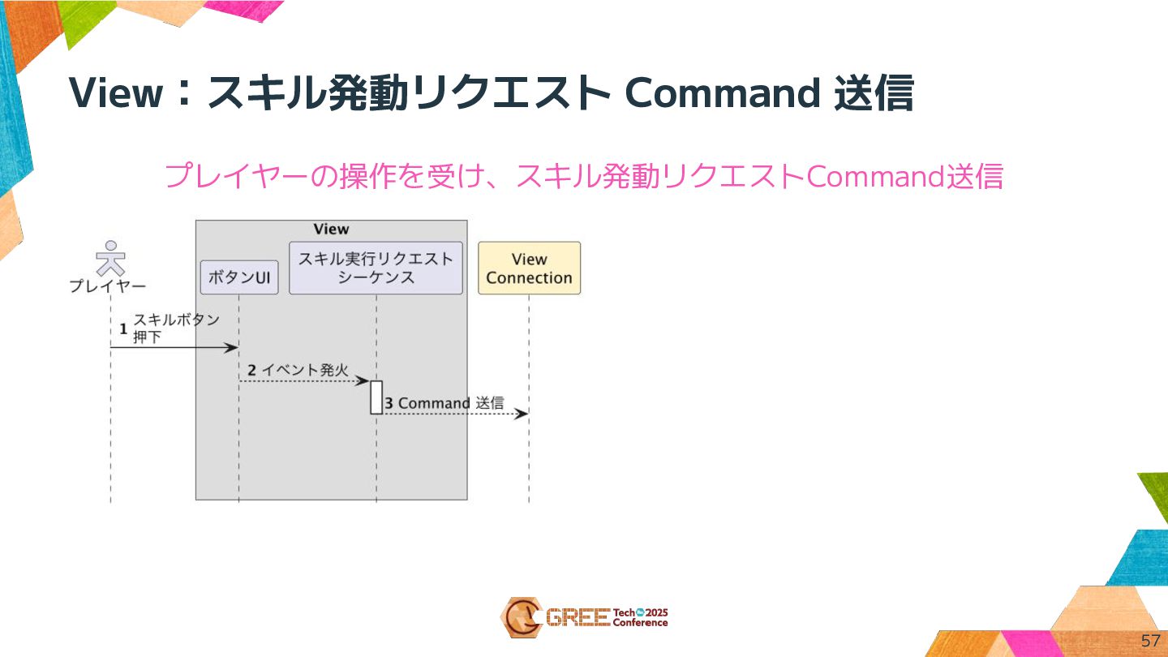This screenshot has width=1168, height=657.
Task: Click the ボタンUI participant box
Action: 239,277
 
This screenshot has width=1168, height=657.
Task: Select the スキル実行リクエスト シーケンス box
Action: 376,268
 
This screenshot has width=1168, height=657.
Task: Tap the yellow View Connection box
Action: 529,268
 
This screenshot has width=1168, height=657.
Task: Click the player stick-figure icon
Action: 110,258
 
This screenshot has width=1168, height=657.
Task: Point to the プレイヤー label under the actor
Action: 108,286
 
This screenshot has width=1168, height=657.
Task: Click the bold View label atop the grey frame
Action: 331,230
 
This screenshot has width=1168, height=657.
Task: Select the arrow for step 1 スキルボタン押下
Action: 174,348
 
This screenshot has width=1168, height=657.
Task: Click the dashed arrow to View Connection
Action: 454,414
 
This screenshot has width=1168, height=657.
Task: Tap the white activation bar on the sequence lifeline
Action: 376,397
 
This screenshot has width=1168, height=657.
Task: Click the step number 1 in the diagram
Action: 123,329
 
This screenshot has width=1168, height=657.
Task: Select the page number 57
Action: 1150,640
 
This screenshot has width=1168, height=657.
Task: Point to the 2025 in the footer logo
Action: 655,612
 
